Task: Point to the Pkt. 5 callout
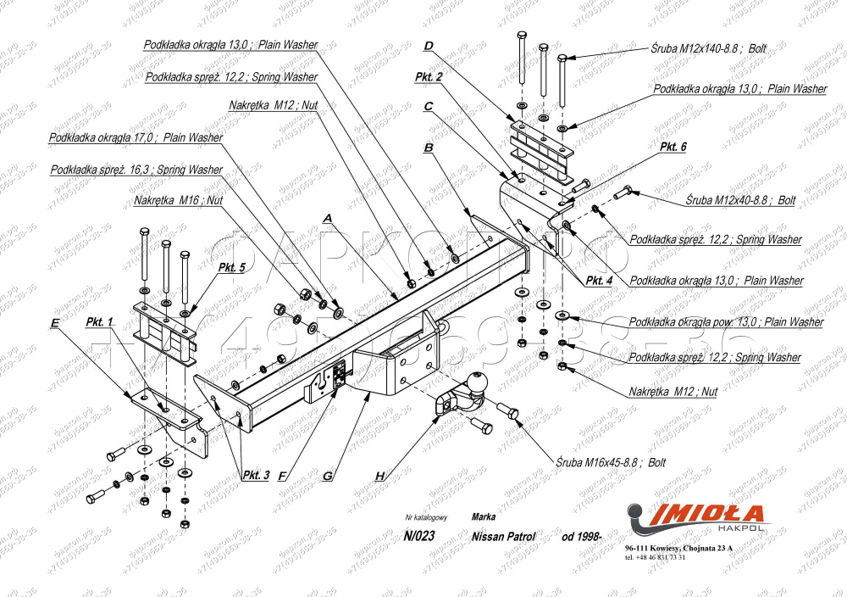coord(231,267)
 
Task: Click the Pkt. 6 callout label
coord(673,147)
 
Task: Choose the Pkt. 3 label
coord(255,475)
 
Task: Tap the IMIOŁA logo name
coord(706,514)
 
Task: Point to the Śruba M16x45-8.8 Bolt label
coord(606,462)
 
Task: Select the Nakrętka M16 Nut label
coord(178,201)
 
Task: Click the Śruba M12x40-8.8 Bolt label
coord(739,201)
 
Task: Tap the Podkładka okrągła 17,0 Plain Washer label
coord(136,137)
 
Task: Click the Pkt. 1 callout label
coord(99,323)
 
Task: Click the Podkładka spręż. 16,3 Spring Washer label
coord(136,170)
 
